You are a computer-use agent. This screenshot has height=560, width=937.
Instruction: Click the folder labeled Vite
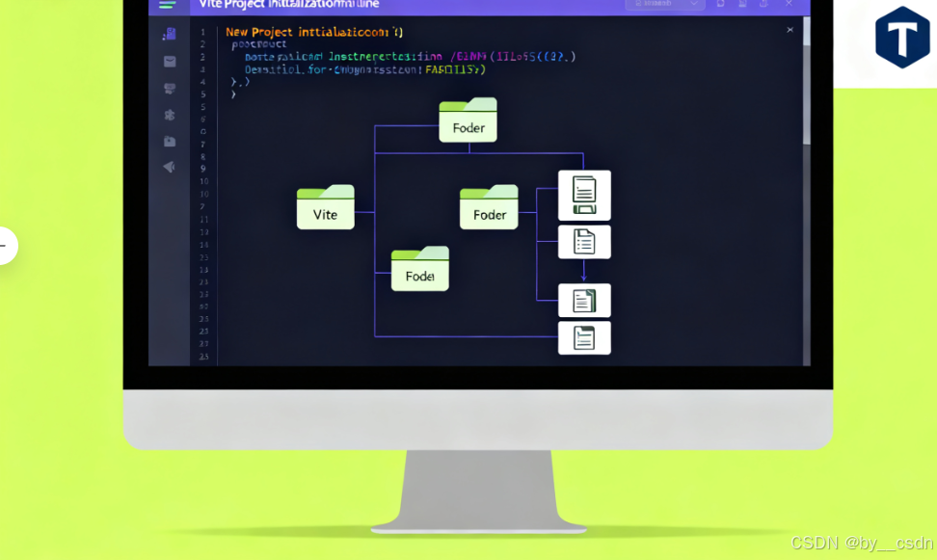pyautogui.click(x=325, y=207)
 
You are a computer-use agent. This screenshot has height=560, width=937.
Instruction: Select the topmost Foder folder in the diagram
pyautogui.click(x=468, y=120)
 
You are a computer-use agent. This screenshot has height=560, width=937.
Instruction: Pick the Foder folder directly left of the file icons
pyautogui.click(x=489, y=207)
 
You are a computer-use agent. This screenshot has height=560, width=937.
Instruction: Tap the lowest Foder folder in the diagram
pyautogui.click(x=419, y=269)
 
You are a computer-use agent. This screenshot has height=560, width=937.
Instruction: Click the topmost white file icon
pyautogui.click(x=584, y=196)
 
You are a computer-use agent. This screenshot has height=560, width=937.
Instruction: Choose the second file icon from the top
pyautogui.click(x=584, y=242)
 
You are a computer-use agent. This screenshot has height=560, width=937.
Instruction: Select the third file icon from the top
pyautogui.click(x=584, y=301)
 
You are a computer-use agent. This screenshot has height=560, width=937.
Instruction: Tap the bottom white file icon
pyautogui.click(x=584, y=337)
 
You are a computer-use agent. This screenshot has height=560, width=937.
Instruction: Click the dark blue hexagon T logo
pyautogui.click(x=902, y=38)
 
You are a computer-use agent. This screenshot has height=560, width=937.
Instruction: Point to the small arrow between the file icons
pyautogui.click(x=583, y=273)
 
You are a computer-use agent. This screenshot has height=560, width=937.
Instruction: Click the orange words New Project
pyautogui.click(x=258, y=32)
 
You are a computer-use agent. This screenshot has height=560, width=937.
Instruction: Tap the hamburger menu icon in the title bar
pyautogui.click(x=168, y=5)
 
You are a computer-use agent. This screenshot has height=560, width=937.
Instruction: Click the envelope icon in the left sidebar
pyautogui.click(x=170, y=62)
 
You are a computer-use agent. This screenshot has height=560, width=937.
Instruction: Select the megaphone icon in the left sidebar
pyautogui.click(x=169, y=167)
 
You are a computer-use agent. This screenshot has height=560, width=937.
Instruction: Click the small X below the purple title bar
pyautogui.click(x=790, y=30)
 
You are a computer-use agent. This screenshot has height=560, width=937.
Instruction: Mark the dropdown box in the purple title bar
pyautogui.click(x=665, y=5)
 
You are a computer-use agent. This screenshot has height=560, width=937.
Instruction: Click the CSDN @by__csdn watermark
pyautogui.click(x=862, y=544)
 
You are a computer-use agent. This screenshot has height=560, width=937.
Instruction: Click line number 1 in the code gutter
pyautogui.click(x=202, y=32)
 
